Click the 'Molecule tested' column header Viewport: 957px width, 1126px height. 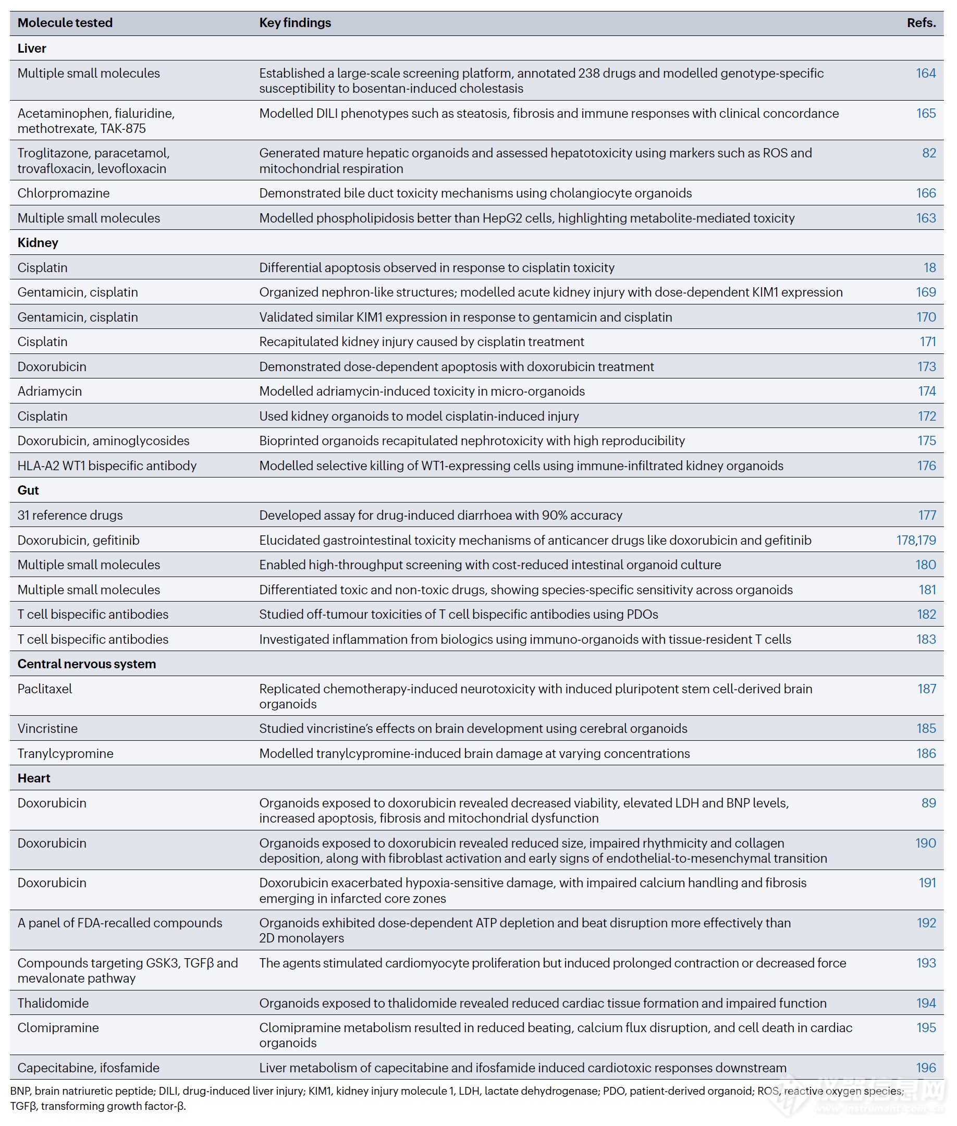(x=65, y=23)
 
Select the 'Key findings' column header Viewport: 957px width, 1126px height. (x=295, y=23)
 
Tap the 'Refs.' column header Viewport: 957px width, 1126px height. (x=921, y=23)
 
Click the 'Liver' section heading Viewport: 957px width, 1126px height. (x=32, y=48)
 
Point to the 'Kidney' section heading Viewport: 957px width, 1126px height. (x=38, y=242)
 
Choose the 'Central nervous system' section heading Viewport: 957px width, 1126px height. (x=87, y=664)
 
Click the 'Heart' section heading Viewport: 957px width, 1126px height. (x=34, y=778)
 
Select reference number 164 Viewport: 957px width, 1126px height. (x=926, y=74)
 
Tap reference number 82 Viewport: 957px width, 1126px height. (x=929, y=153)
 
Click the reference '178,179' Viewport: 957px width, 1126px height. (x=916, y=540)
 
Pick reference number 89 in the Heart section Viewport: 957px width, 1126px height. (x=928, y=803)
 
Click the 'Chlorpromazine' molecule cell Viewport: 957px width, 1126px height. (x=64, y=193)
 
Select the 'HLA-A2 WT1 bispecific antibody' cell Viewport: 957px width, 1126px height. (x=107, y=466)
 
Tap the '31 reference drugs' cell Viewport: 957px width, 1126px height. (x=70, y=515)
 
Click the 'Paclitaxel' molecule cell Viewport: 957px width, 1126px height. (x=44, y=689)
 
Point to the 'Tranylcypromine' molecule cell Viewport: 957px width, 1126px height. (x=65, y=753)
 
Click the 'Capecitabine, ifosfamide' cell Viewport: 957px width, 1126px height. (x=89, y=1068)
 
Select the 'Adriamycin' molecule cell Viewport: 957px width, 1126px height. (x=50, y=391)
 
